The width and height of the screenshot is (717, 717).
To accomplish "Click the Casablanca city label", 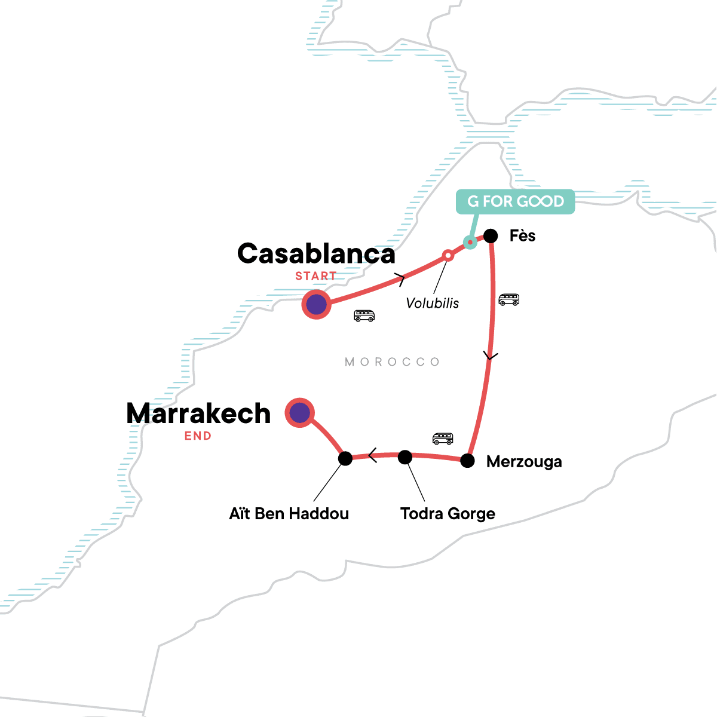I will (316, 254).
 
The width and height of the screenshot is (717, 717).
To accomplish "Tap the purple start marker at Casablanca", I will (316, 305).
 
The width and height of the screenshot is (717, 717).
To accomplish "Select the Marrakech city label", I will (198, 413).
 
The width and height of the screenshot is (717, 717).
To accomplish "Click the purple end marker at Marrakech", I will (300, 412).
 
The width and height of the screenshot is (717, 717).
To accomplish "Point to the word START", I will (316, 276).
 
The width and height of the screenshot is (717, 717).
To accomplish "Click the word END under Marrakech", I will (198, 436).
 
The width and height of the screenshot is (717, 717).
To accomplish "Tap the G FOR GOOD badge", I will (515, 201).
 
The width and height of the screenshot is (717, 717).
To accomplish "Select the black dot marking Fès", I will (491, 236).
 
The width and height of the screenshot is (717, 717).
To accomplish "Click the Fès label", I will (522, 236).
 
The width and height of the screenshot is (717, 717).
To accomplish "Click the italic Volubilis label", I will (433, 303).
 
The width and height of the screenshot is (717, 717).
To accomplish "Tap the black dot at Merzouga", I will (467, 461).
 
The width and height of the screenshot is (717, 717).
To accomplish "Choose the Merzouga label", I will (524, 462).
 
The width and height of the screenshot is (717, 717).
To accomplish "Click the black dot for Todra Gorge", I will (405, 457).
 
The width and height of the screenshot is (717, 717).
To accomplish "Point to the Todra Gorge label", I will (448, 514).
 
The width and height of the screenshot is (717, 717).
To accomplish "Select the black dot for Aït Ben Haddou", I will (345, 459).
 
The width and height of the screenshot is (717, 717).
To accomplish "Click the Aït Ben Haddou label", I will (289, 514).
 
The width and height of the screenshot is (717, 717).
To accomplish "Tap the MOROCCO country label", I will (393, 362).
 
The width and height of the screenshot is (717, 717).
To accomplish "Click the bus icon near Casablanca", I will (364, 316).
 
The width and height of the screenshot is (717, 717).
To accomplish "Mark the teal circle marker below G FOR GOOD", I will (470, 242).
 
